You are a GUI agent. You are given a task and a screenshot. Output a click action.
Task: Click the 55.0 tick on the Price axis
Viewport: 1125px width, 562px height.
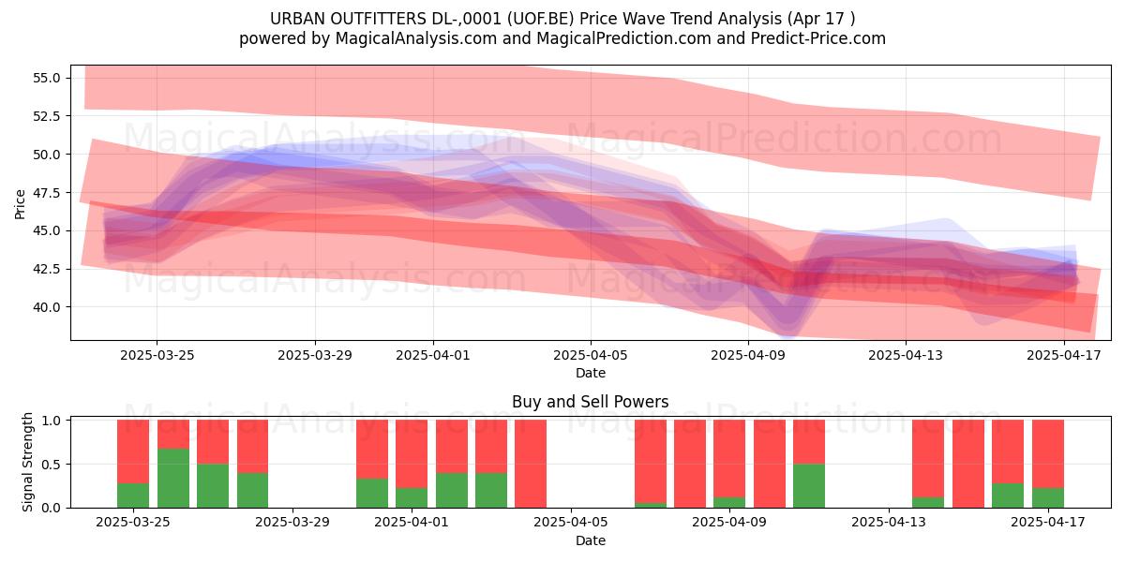[46, 78]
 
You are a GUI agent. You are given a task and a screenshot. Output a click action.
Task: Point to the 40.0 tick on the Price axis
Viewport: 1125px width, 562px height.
[46, 306]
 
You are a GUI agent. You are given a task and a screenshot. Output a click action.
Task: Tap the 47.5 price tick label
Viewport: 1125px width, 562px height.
[46, 192]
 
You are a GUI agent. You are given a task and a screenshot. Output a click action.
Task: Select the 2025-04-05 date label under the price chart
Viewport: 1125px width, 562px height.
[590, 355]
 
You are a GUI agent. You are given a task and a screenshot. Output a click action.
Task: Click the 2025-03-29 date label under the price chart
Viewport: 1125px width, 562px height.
[315, 355]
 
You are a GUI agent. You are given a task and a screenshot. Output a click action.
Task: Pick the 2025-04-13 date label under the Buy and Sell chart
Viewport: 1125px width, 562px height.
[889, 523]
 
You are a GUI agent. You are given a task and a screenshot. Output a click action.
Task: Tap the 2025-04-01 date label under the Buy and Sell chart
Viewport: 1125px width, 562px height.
[412, 523]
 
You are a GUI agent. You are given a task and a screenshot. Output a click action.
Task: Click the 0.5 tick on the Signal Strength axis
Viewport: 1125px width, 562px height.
[51, 465]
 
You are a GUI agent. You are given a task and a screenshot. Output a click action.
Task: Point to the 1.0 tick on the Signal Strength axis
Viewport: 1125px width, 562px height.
[51, 420]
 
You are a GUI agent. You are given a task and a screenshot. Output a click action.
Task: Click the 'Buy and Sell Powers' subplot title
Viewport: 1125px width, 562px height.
[590, 402]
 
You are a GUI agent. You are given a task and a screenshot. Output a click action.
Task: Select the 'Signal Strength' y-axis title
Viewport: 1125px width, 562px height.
[27, 462]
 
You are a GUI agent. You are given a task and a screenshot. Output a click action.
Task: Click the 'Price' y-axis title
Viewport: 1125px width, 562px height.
[20, 204]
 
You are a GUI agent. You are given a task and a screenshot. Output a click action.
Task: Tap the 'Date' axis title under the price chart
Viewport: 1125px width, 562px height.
[590, 373]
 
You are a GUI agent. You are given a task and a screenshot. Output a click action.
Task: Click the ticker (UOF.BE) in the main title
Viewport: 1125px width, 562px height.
[540, 19]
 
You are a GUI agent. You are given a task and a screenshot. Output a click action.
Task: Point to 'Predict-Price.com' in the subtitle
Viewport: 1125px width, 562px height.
[818, 38]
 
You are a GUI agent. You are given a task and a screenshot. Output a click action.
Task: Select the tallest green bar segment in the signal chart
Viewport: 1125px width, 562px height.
[173, 479]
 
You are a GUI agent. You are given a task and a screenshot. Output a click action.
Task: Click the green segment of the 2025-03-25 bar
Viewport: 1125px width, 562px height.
[133, 495]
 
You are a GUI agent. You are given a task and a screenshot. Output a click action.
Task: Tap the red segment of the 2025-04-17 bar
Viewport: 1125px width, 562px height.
[1048, 453]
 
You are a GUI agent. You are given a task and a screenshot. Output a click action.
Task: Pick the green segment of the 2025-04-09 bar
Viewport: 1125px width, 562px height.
[729, 502]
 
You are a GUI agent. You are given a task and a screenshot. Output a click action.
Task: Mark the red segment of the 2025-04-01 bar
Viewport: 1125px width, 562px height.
[412, 453]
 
